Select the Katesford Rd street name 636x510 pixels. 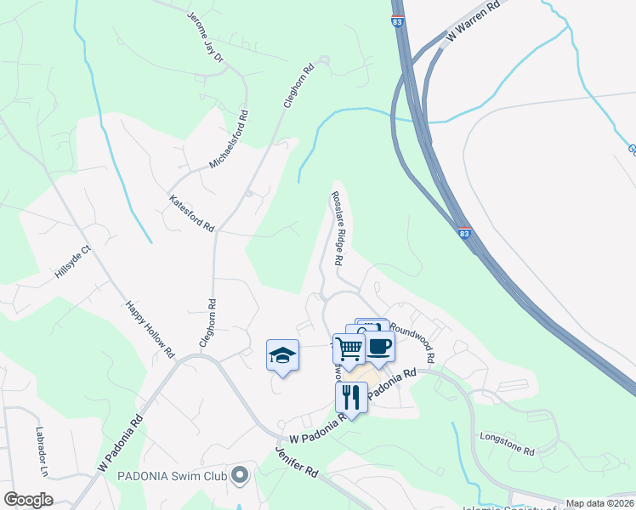coord(192,212)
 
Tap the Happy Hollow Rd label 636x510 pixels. coord(150,328)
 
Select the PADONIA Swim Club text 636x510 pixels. coord(173,476)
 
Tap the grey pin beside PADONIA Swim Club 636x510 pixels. coord(241,476)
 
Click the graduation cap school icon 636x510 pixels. coord(283,355)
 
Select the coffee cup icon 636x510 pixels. coord(379,345)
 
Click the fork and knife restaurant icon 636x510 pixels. coord(350,395)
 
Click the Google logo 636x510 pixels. coord(28,500)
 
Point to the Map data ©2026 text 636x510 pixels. coord(600,503)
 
